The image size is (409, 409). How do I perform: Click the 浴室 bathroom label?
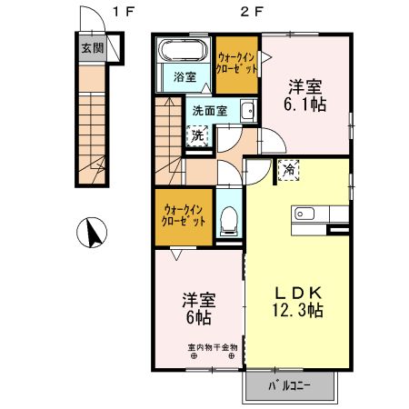pyautogui.click(x=185, y=77)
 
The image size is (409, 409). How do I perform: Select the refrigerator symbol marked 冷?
pyautogui.click(x=288, y=169)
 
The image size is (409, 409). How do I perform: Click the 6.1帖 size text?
pyautogui.click(x=304, y=105)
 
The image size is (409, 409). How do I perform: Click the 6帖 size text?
pyautogui.click(x=197, y=317)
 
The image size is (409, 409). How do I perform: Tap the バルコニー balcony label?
pyautogui.click(x=289, y=386)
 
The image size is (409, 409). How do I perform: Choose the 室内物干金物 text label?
pyautogui.click(x=213, y=346)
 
